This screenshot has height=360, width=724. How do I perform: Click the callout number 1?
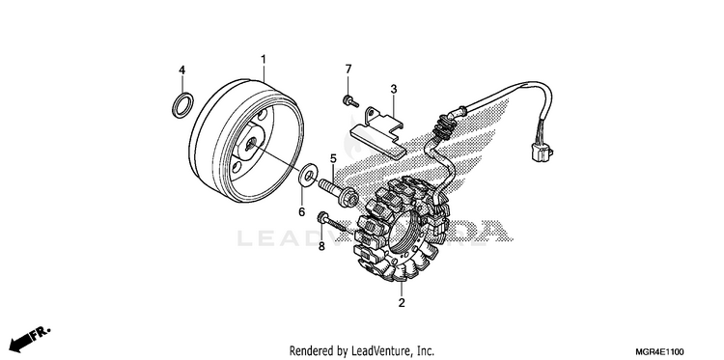264,60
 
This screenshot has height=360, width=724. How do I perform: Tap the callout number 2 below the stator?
402,303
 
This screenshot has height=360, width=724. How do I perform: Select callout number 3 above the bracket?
394,89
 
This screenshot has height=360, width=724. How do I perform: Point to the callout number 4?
181,70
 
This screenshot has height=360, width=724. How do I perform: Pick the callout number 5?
333,159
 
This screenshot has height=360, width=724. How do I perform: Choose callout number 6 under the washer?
301,211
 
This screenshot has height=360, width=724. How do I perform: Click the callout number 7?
348,69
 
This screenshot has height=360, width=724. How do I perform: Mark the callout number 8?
321,247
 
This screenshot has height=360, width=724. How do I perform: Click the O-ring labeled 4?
182,105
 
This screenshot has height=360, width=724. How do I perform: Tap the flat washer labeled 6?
308,176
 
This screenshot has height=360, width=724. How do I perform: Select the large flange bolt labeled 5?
338,193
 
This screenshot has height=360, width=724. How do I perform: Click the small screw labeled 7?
350,101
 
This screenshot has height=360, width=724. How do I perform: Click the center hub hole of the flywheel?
251,144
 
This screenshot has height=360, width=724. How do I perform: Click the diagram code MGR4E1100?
661,351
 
